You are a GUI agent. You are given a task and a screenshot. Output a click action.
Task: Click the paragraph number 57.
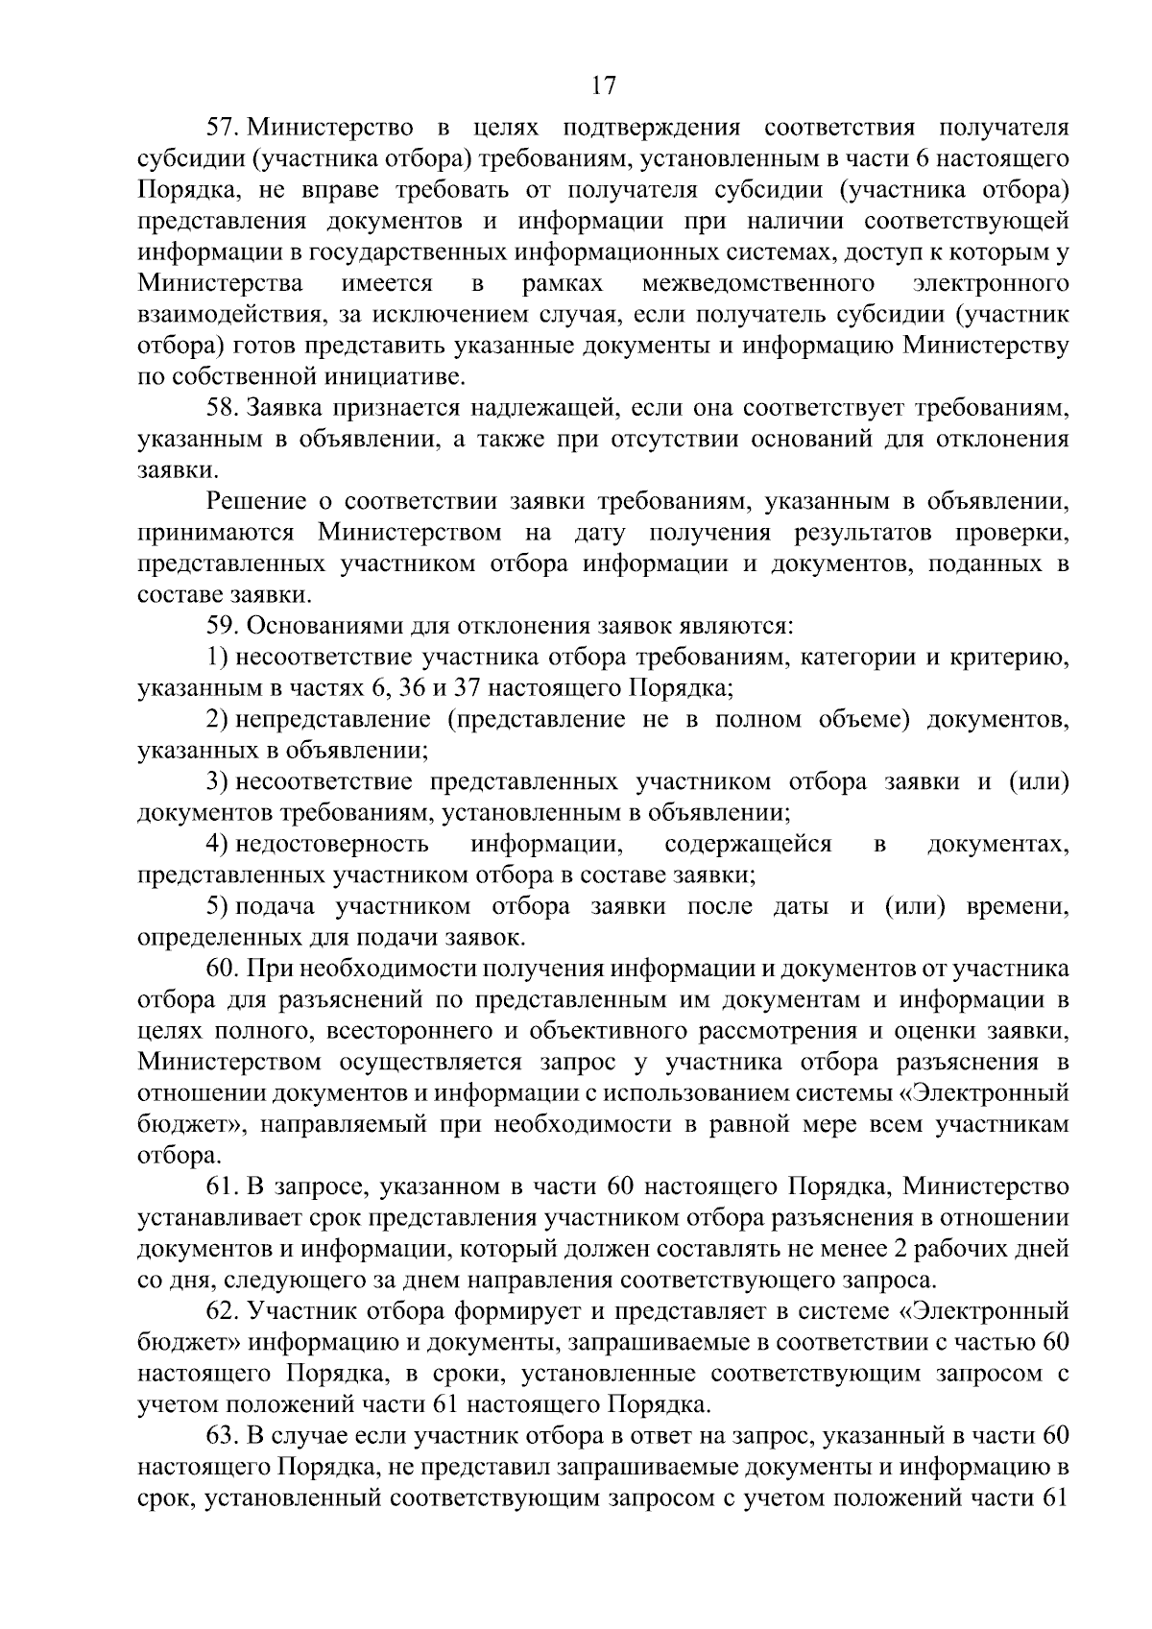pos(223,128)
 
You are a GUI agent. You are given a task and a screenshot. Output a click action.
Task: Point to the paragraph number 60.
pos(223,969)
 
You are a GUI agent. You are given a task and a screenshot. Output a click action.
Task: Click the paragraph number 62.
pos(223,1311)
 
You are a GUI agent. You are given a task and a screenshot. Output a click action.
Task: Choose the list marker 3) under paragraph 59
pos(217,782)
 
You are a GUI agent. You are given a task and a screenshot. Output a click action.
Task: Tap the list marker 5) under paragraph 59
pos(217,906)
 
